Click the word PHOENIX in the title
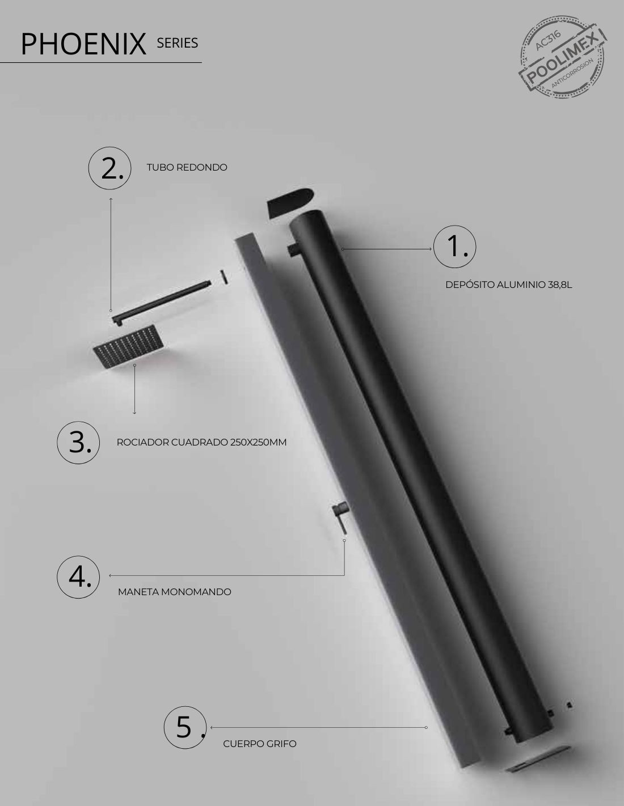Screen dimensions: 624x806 [83, 44]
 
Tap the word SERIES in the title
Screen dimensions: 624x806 [178, 43]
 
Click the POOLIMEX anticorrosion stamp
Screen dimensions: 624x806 [562, 57]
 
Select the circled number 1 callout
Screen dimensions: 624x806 [454, 247]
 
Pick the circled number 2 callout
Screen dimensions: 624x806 [109, 168]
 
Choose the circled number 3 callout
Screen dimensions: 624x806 [78, 443]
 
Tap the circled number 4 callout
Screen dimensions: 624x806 [78, 577]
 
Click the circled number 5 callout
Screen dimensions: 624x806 [185, 727]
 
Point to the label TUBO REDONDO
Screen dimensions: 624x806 [187, 167]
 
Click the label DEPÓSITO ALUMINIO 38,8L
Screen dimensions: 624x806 [508, 285]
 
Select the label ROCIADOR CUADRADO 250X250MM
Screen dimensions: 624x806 [201, 442]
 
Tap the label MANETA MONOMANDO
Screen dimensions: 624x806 [175, 592]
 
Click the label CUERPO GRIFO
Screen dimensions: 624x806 [259, 744]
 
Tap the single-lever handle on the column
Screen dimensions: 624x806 [340, 517]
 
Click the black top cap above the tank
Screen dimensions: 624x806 [290, 202]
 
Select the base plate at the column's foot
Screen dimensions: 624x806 [538, 758]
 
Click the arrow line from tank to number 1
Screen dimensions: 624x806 [387, 249]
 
